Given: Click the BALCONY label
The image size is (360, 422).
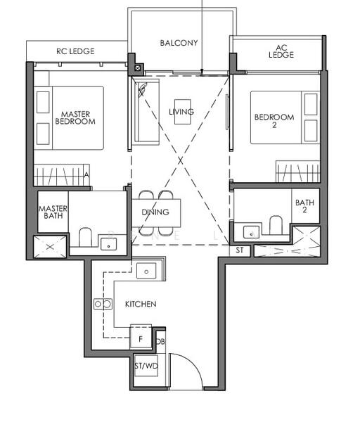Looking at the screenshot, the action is pos(179,43).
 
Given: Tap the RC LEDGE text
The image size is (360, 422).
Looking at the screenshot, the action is pos(75,51).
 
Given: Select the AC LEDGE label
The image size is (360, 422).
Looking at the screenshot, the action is pos(281,51).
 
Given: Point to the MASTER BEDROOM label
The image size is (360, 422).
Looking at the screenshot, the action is pos(75,118).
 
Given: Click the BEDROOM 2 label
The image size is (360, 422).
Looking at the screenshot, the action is pos(274,121).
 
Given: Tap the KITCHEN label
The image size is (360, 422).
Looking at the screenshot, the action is pos(141,304).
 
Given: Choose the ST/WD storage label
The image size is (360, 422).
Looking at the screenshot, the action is pos(146,366).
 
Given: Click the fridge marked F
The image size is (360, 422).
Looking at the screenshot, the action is pos(141,337).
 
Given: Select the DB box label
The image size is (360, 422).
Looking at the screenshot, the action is pos(160,342).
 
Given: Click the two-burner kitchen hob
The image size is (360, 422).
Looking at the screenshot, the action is pos(103,304).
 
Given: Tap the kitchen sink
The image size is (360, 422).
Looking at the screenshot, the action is pos(146,271).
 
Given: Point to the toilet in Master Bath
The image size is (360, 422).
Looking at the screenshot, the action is pos(86,237).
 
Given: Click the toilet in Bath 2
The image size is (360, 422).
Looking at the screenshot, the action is pos(276,225).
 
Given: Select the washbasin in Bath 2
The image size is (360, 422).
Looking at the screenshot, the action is pos(251,232).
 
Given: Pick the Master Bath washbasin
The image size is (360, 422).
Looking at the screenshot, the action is pos(108,244).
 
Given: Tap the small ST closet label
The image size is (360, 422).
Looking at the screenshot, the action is pos(240,250).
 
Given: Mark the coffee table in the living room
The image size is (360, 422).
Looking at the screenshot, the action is pos(183,112).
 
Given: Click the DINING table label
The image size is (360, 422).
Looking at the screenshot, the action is pos(155,212).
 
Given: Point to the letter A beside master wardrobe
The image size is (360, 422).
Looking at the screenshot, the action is pos(86,175).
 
